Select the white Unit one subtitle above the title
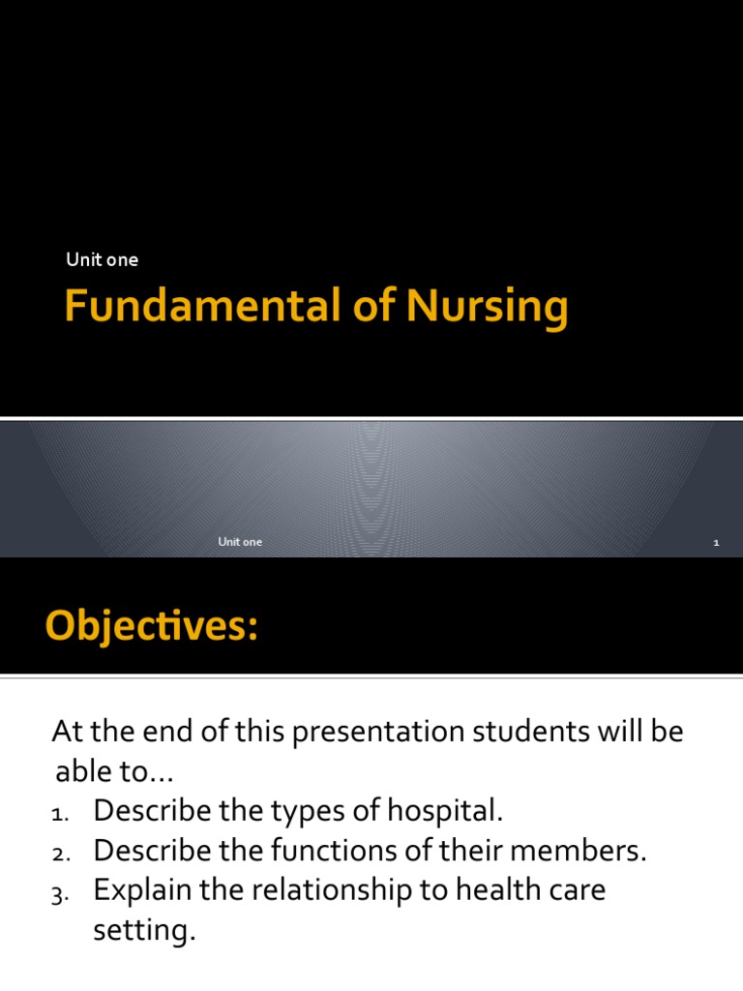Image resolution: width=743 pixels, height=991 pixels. (102, 259)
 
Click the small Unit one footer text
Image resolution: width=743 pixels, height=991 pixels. (240, 542)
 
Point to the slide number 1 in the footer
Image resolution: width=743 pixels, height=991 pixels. (716, 543)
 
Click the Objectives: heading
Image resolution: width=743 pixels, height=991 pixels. (152, 627)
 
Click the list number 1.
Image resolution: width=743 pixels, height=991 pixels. (59, 815)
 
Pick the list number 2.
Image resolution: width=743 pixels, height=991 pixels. (59, 855)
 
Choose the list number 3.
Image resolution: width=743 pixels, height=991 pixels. (59, 894)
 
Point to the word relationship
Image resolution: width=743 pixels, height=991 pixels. (331, 890)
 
